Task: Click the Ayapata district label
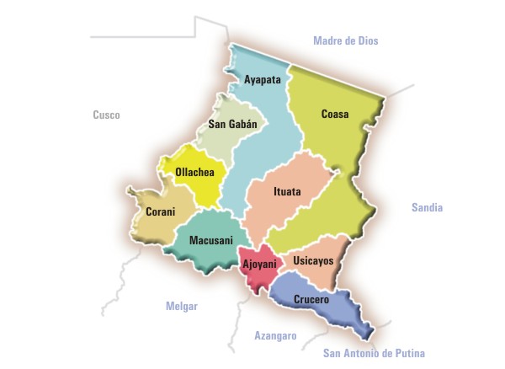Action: click(262, 81)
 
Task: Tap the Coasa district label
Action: click(335, 114)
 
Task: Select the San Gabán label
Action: click(231, 124)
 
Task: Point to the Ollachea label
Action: click(194, 173)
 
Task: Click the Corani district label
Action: click(160, 211)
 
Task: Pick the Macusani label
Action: click(210, 240)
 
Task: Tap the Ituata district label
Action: click(287, 191)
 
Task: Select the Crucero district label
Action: click(311, 299)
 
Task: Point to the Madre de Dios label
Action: click(346, 40)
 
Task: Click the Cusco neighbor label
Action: click(106, 114)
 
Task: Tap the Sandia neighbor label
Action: click(427, 207)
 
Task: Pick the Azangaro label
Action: click(275, 335)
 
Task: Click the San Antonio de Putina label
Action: click(374, 353)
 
